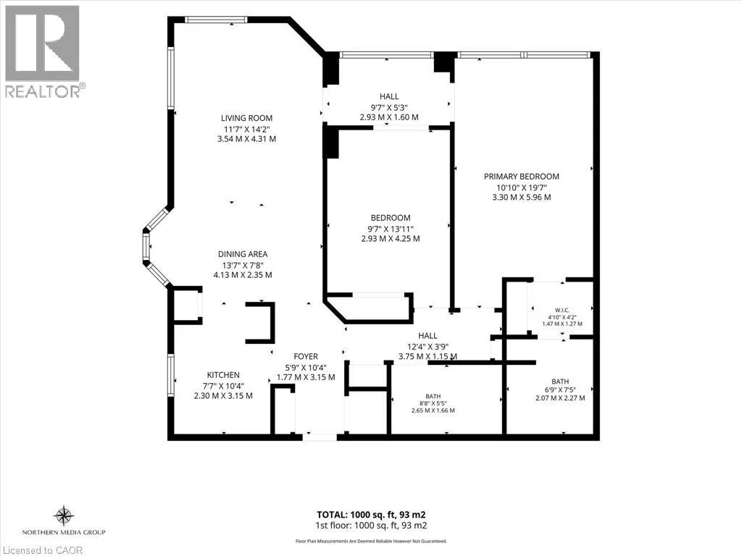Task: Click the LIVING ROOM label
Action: coord(246,118)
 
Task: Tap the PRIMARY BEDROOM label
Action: coord(522,177)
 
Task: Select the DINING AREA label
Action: coord(243,254)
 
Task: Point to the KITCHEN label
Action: coord(223,375)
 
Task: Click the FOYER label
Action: coord(306,356)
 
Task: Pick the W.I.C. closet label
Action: coord(562,310)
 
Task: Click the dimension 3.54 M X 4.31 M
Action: coord(246,139)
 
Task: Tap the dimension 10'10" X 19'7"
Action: coord(522,187)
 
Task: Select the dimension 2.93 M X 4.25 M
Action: coord(391,239)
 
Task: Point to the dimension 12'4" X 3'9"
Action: coord(428,346)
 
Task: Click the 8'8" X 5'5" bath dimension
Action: coord(433,403)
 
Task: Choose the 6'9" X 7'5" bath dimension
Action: coord(560,390)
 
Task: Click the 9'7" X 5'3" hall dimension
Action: coord(389,107)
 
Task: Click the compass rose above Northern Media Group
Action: coord(64,515)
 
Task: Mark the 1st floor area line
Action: coord(372,526)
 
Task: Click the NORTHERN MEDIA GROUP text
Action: coord(64,532)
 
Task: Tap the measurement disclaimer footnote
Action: coord(371,542)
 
